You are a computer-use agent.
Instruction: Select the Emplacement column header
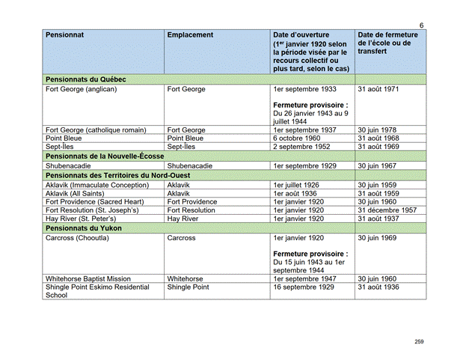pyautogui.click(x=190, y=36)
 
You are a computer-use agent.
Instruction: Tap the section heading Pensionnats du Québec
pyautogui.click(x=85, y=79)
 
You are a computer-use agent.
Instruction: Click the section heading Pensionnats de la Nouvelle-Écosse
pyautogui.click(x=109, y=156)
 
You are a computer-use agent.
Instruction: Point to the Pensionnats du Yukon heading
pyautogui.click(x=82, y=228)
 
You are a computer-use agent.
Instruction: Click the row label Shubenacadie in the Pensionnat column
pyautogui.click(x=70, y=165)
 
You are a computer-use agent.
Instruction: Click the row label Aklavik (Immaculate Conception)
pyautogui.click(x=102, y=184)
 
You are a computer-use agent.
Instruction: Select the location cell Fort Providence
pyautogui.click(x=192, y=202)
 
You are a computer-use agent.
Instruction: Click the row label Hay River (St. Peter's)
pyautogui.click(x=85, y=219)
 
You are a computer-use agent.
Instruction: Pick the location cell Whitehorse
pyautogui.click(x=186, y=278)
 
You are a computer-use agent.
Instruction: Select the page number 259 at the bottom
pyautogui.click(x=419, y=341)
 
